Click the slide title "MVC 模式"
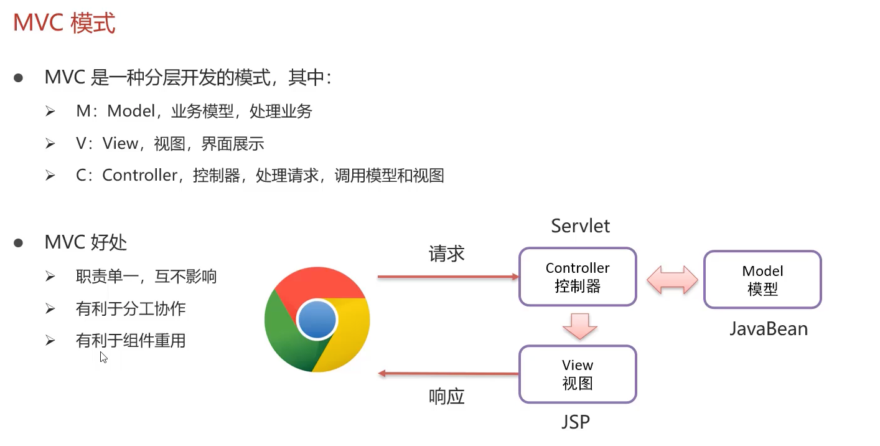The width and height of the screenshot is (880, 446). coord(64,24)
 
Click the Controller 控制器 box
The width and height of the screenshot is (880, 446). coord(578,277)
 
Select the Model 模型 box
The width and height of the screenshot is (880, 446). coord(762,280)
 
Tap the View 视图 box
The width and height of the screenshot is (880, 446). coord(578,374)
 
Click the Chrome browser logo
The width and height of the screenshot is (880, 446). coord(317,321)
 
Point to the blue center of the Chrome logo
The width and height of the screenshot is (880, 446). coord(317,320)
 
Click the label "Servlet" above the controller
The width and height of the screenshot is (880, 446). coord(580,225)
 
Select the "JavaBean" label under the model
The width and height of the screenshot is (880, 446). coord(769,328)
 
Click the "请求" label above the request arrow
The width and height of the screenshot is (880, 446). coord(446,254)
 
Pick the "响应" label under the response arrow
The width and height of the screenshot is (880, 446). coord(446,397)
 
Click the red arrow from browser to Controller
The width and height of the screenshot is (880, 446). coord(448,277)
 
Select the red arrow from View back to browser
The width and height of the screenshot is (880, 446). coord(448,374)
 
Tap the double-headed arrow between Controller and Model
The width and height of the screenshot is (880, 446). coord(672,279)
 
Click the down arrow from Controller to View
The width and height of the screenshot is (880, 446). coord(579,326)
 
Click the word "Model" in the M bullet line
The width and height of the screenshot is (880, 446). coord(131,111)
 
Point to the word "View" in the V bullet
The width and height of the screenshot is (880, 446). coord(120,144)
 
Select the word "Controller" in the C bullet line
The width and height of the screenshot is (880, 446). coord(140,176)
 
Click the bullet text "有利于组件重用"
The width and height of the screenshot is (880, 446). coord(131,341)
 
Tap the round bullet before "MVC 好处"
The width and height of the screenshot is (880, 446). coord(19,242)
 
